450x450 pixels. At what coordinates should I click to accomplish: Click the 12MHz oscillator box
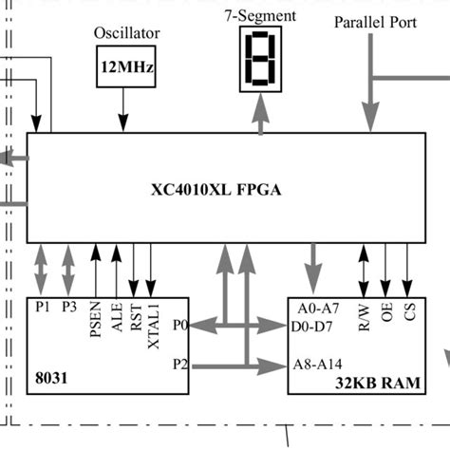[x=125, y=67]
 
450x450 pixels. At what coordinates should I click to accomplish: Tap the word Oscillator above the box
[x=126, y=33]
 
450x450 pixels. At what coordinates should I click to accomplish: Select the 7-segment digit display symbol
[x=258, y=59]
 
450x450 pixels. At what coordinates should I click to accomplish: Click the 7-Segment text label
[x=259, y=15]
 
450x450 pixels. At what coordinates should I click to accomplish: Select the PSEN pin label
[x=95, y=320]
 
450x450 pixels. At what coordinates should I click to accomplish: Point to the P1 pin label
[x=42, y=307]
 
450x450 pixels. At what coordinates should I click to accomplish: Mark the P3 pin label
[x=68, y=307]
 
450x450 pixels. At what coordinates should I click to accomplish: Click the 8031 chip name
[x=49, y=377]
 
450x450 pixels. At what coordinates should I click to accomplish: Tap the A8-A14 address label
[x=319, y=363]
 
